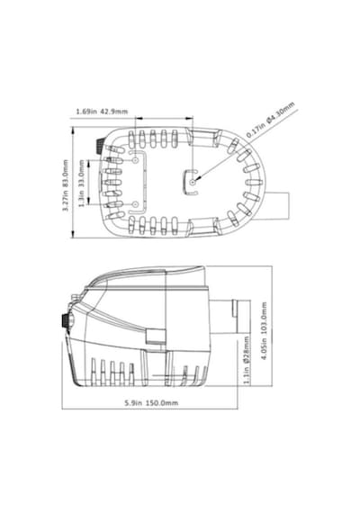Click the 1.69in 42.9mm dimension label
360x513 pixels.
tap(102, 112)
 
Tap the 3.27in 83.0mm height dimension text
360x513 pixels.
tap(66, 185)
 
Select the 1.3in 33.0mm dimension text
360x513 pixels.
tap(82, 184)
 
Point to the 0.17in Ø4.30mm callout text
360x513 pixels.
tap(271, 120)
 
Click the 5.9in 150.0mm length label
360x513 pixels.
tap(151, 402)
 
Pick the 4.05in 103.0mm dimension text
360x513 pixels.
tap(264, 330)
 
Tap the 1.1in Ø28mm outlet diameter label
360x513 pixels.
tap(247, 360)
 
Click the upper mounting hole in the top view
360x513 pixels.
tap(135, 160)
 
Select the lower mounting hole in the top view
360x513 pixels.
tap(135, 204)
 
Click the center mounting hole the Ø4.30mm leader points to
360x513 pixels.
tap(193, 182)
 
